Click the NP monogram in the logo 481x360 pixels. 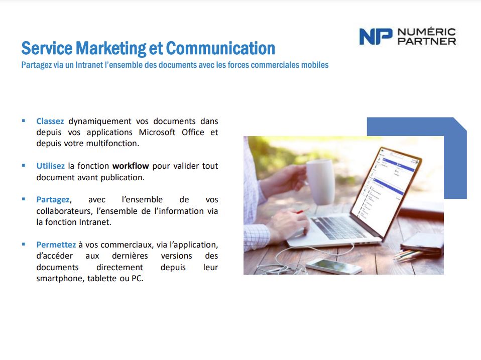(376, 37)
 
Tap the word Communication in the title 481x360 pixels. (220, 48)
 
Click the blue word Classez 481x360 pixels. (50, 121)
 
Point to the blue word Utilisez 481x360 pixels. (50, 166)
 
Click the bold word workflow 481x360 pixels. (131, 166)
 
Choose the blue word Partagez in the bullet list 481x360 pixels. (53, 200)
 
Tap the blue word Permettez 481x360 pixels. (56, 245)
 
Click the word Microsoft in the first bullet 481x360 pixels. (157, 132)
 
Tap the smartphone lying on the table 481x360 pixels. (334, 266)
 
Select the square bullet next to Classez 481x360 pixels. (24, 121)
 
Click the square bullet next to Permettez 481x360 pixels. (24, 245)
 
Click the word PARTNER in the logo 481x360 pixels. (427, 41)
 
